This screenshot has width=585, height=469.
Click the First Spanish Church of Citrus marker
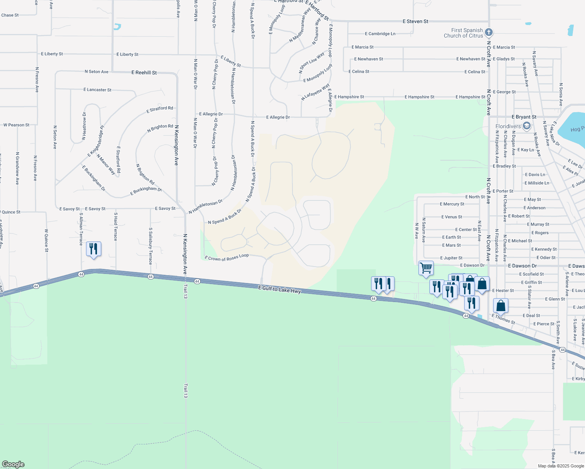tap(488, 32)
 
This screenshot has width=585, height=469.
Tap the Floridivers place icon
tap(526, 126)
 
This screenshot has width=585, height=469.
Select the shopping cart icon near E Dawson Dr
tap(426, 268)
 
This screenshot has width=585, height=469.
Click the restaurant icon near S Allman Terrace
tap(93, 249)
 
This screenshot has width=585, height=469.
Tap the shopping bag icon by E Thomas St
tap(501, 306)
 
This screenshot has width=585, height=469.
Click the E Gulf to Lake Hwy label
tap(280, 289)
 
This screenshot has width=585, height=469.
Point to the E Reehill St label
tap(144, 73)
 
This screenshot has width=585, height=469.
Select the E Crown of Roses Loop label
tap(227, 258)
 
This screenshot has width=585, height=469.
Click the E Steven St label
tap(415, 21)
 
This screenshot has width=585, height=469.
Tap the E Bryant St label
tap(524, 117)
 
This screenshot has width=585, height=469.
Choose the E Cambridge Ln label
tap(380, 34)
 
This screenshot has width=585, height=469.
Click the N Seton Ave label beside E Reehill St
tap(97, 72)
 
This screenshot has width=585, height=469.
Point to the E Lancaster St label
tap(97, 90)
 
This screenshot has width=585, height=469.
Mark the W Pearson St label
tap(16, 125)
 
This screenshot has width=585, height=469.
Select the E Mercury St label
tap(452, 204)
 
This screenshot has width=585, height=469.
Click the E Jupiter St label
tap(451, 258)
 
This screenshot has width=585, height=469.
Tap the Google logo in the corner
tap(13, 464)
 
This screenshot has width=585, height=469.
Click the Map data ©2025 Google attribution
tap(561, 466)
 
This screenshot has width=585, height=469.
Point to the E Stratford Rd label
tap(160, 109)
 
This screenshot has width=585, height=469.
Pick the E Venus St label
tap(452, 217)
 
